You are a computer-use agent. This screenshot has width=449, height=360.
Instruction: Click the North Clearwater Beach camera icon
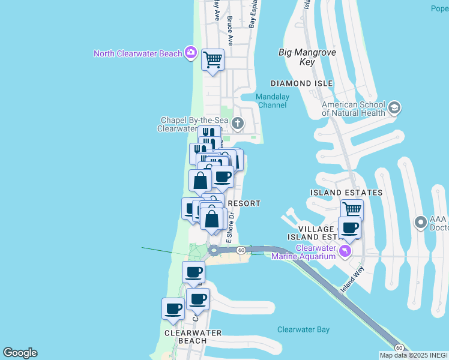click(x=190, y=53)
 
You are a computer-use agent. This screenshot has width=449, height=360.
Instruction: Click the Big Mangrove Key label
click(x=306, y=57)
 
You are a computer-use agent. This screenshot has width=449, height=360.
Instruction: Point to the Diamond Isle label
click(x=301, y=83)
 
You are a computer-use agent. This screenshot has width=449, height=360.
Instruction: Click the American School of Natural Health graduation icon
click(x=394, y=108)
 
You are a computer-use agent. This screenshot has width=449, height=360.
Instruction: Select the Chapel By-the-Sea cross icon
click(x=238, y=124)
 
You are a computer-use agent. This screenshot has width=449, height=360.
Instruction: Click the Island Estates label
click(x=346, y=193)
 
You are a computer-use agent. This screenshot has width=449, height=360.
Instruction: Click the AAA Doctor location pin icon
click(x=421, y=223)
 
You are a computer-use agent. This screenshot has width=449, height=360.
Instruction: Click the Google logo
click(x=20, y=353)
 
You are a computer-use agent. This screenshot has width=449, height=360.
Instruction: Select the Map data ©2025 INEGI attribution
click(x=414, y=355)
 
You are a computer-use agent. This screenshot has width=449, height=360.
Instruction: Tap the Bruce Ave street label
click(x=230, y=27)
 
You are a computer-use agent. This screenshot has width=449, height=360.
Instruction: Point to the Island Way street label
click(x=352, y=281)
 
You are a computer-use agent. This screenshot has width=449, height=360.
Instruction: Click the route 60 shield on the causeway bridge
click(x=240, y=250)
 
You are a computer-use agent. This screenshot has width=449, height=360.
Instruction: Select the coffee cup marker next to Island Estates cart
click(x=349, y=228)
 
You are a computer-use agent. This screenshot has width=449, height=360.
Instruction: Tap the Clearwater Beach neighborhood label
click(x=193, y=337)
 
